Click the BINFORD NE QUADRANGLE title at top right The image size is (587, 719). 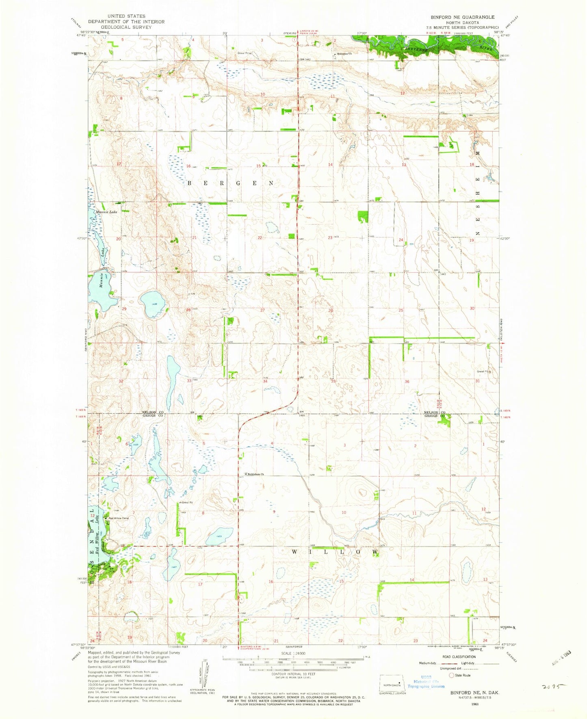click(x=462, y=17)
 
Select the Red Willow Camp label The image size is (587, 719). click(x=118, y=518)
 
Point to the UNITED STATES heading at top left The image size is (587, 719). click(x=126, y=16)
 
